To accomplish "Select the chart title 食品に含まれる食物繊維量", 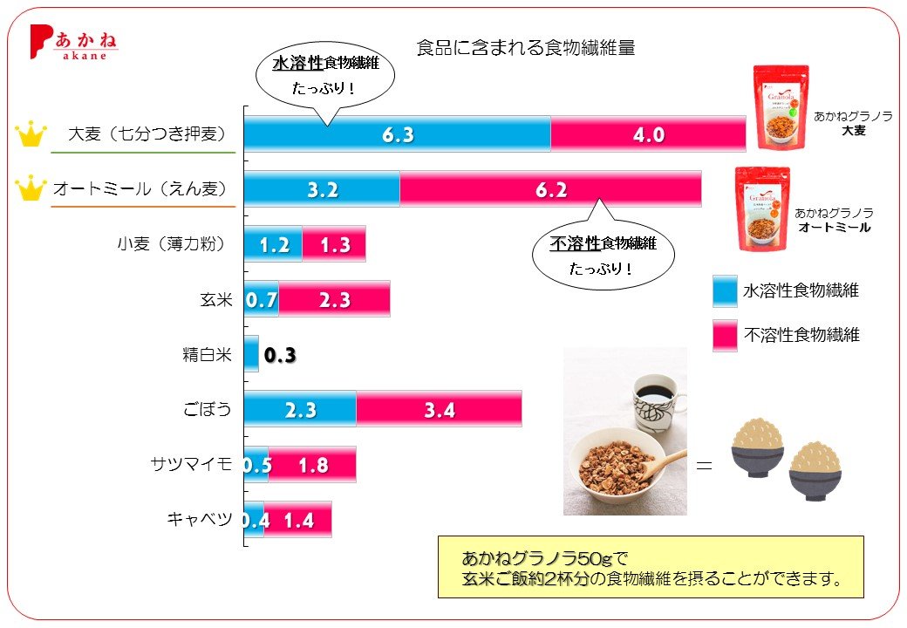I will (x=525, y=48).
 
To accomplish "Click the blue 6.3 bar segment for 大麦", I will (x=397, y=135).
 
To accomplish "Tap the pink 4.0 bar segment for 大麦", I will (x=648, y=135).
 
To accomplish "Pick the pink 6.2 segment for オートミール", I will (x=550, y=190).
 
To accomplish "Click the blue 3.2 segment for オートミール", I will (x=322, y=190).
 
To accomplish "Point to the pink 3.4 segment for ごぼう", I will (x=439, y=409).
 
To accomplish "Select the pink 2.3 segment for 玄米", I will (x=334, y=300).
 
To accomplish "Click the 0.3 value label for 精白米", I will (x=279, y=355).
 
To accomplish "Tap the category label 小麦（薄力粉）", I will (x=171, y=245).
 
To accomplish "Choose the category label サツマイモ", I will (x=191, y=464).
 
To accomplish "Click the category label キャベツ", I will (x=199, y=519).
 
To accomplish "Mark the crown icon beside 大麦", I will (x=31, y=135).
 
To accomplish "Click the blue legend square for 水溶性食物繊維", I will (x=725, y=290).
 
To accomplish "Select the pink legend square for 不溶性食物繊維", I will (x=725, y=335).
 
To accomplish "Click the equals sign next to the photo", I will (x=704, y=466).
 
